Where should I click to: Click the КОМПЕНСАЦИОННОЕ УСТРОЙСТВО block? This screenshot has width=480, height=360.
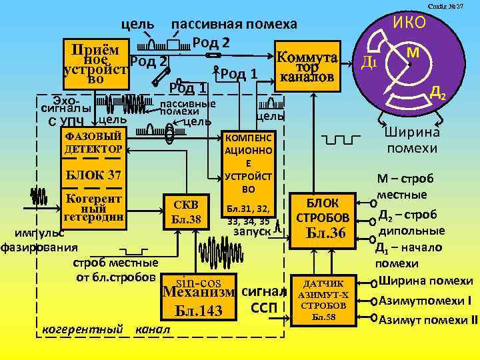[x=248, y=163]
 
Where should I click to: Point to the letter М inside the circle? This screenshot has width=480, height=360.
[x=413, y=51]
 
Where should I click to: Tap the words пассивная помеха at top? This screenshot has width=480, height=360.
[x=234, y=25]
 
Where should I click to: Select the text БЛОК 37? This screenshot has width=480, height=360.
[x=92, y=175]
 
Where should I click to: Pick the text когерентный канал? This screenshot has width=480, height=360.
[x=105, y=329]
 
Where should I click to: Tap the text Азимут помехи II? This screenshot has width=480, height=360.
[x=428, y=319]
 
